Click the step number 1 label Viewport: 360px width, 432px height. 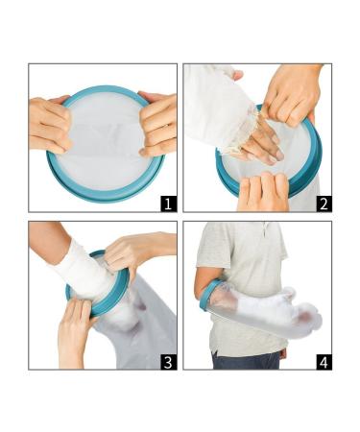(x=169, y=204)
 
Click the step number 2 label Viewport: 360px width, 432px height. (x=324, y=204)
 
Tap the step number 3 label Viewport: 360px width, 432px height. (x=169, y=362)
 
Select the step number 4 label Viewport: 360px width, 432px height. (x=324, y=362)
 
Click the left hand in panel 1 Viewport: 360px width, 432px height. (x=50, y=125)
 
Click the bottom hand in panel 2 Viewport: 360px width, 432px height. (x=262, y=192)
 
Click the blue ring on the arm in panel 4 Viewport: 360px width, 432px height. (x=208, y=296)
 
